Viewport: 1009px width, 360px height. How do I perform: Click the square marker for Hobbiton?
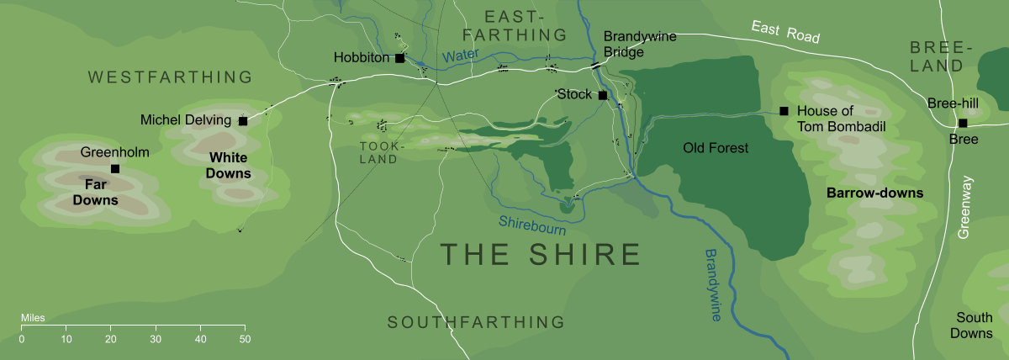(399, 59)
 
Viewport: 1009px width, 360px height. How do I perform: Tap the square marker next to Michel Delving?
(243, 121)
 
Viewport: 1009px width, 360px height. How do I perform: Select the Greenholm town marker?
(115, 169)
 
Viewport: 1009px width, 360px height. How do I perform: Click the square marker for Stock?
(602, 95)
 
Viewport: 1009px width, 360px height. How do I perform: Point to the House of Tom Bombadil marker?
(784, 111)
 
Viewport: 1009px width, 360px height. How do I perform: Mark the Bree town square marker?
(963, 123)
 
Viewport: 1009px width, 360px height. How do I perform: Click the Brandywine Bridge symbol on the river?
(594, 65)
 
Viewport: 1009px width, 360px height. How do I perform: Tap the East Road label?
(785, 33)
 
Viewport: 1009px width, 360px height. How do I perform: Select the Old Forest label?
(715, 149)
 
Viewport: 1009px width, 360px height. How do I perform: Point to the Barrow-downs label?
(874, 193)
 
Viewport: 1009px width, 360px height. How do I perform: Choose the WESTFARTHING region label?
(170, 77)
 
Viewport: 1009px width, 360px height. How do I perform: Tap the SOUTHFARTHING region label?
(475, 321)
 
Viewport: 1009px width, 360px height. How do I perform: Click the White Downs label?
(230, 166)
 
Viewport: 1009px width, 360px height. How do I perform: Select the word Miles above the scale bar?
(33, 319)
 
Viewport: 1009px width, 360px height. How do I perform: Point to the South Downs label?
(974, 326)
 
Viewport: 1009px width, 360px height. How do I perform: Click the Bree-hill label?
(954, 103)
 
